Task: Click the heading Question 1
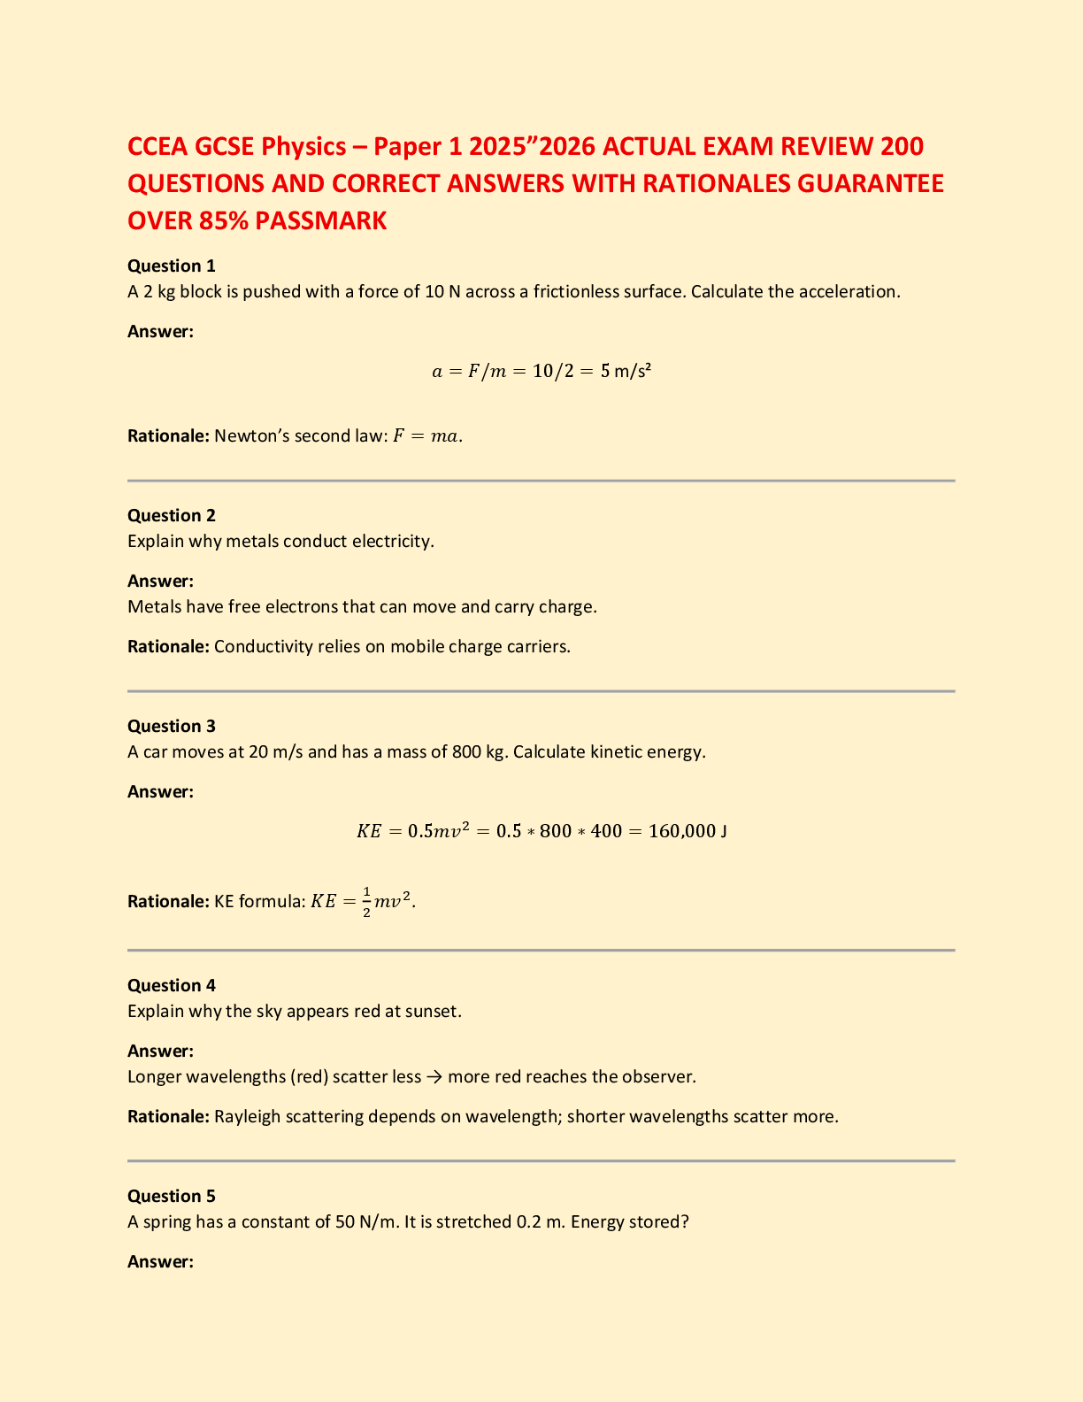point(172,266)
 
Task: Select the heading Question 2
point(172,515)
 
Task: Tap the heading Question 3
point(172,726)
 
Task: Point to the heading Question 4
point(172,985)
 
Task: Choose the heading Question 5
point(172,1196)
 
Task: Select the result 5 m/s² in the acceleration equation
point(626,371)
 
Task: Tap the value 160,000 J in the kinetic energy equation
point(687,831)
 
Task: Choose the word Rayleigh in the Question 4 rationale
point(248,1116)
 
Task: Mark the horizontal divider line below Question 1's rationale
point(541,481)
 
